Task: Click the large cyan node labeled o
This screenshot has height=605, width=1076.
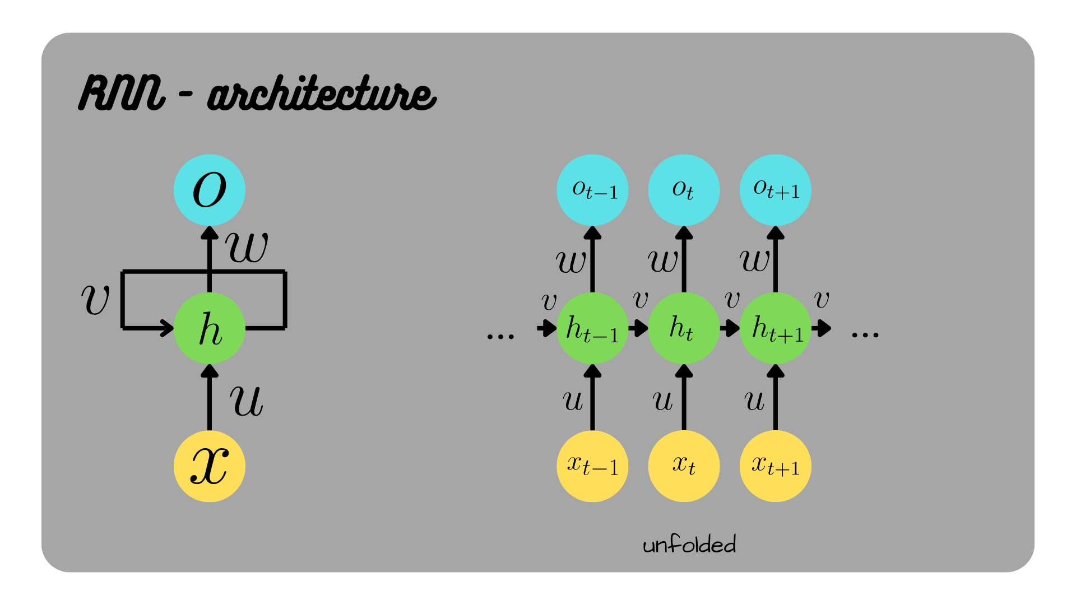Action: tap(209, 190)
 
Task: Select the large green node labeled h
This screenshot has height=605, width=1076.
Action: tap(209, 328)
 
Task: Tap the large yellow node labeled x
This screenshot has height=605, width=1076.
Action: tap(209, 466)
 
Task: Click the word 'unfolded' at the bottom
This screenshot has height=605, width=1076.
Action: tap(689, 544)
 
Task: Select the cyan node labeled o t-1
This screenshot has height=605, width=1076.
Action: tap(592, 190)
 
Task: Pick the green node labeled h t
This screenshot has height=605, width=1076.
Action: tap(684, 328)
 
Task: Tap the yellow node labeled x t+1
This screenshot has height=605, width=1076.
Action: tap(776, 466)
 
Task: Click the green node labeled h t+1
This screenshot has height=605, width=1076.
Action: tap(776, 328)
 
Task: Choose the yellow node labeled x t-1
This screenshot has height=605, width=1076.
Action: tap(592, 466)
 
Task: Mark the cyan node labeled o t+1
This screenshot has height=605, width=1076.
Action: tap(776, 190)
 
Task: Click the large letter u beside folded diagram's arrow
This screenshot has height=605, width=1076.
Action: tap(246, 401)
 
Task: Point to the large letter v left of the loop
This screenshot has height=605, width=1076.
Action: tap(95, 300)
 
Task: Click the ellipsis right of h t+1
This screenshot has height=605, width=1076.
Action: tap(865, 335)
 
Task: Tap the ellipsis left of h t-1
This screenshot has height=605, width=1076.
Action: tap(500, 336)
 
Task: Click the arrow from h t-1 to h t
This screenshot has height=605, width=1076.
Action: tap(638, 328)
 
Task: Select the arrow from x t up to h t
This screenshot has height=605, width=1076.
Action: tap(684, 398)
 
